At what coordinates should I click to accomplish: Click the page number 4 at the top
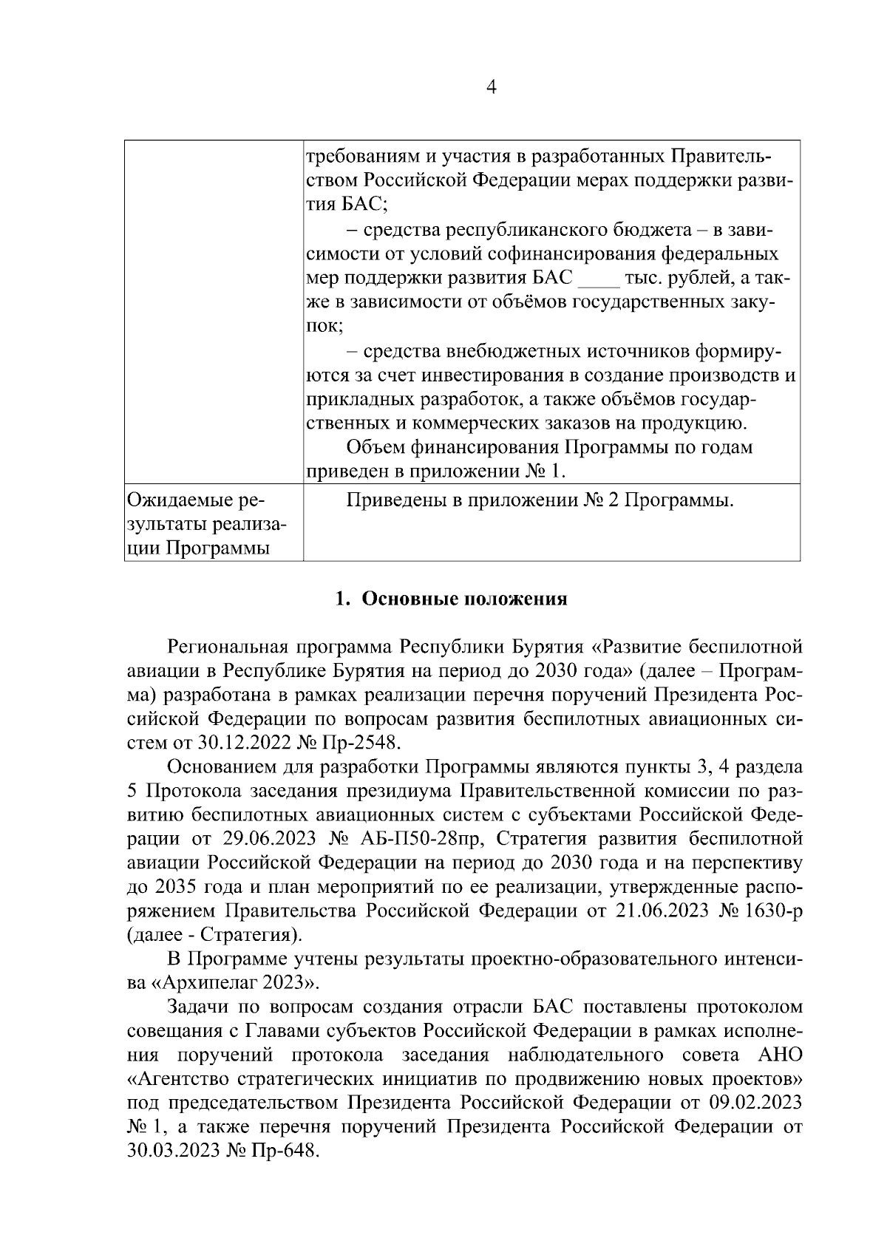pyautogui.click(x=492, y=87)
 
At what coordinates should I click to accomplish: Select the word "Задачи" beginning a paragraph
pyautogui.click(x=198, y=1007)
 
